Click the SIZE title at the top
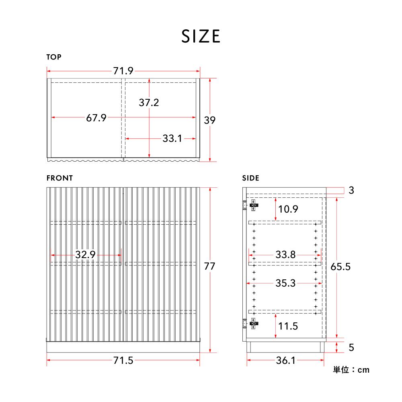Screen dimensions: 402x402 tap(201, 36)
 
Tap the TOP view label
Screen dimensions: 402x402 tap(54, 57)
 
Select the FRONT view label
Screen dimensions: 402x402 tap(60, 178)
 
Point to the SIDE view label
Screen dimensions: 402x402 tap(250, 178)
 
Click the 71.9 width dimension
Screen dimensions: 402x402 tap(123, 71)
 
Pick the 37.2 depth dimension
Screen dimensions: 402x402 tap(149, 103)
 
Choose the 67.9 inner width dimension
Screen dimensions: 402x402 tap(96, 118)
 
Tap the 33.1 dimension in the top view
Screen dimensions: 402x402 tap(172, 138)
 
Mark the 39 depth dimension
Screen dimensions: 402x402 tap(210, 120)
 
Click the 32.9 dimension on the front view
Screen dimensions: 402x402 tap(85, 254)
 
